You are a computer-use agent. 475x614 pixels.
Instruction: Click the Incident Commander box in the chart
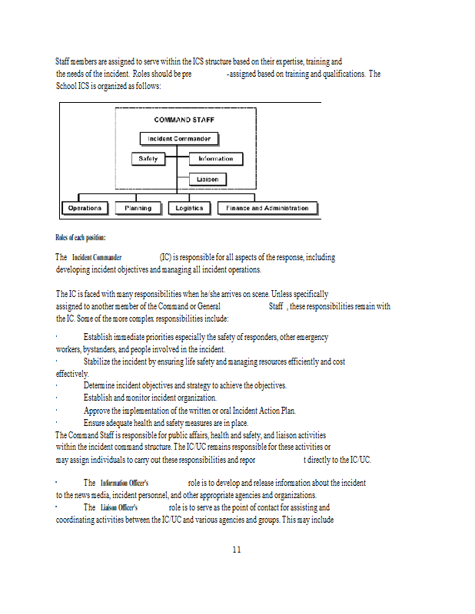(179, 139)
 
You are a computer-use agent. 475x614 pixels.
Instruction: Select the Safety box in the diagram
(148, 159)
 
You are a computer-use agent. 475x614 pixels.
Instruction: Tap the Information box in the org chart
(215, 159)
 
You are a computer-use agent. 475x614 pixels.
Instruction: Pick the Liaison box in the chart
(208, 180)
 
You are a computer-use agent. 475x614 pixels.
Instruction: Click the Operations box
(85, 208)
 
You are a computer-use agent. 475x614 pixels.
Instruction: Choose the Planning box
(138, 208)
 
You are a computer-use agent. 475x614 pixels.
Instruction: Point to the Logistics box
(189, 208)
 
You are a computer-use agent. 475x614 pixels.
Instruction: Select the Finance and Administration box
(267, 208)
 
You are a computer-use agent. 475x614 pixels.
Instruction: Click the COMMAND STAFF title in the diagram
(183, 120)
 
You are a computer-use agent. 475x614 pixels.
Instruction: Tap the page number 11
(237, 550)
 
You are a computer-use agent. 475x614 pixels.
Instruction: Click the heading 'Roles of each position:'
(81, 237)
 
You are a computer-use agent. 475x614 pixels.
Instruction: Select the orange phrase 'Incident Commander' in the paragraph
(97, 257)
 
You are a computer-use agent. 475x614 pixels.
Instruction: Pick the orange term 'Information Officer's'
(125, 483)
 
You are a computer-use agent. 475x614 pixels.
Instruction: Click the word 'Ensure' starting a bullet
(95, 422)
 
